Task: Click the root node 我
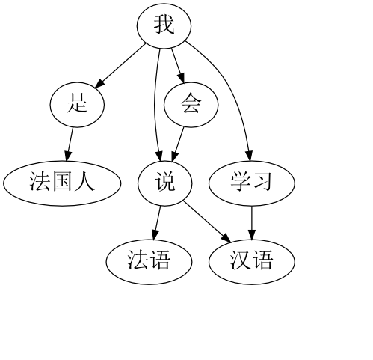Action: [x=164, y=25]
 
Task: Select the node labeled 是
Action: [x=77, y=105]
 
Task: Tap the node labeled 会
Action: [x=191, y=105]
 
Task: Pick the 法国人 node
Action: [x=62, y=183]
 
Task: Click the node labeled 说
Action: [x=165, y=183]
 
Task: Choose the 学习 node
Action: [x=252, y=183]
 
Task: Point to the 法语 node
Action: [x=149, y=262]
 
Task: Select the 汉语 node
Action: [x=252, y=262]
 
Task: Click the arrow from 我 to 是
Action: [x=120, y=66]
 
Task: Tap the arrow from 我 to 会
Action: [x=178, y=65]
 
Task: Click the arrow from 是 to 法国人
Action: [x=70, y=144]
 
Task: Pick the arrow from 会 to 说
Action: [x=178, y=144]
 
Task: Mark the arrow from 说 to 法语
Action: [x=157, y=223]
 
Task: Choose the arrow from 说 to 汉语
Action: [x=207, y=222]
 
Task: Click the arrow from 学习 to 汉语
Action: [x=252, y=223]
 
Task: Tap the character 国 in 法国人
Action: [x=62, y=181]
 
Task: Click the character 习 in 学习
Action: [x=262, y=182]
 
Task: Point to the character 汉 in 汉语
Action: [x=241, y=260]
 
